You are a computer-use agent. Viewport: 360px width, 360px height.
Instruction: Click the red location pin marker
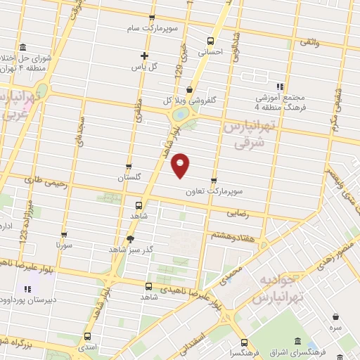(181, 165)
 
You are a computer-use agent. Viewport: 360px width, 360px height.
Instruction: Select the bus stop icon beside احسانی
(209, 40)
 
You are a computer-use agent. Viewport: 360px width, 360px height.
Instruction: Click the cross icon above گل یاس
(144, 56)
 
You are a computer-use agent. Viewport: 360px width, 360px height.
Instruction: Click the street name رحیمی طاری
(45, 184)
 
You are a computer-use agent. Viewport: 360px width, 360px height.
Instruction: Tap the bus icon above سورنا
(65, 235)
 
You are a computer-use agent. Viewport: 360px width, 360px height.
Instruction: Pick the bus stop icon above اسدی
(87, 336)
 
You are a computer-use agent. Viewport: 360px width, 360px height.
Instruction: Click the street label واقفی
(308, 44)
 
